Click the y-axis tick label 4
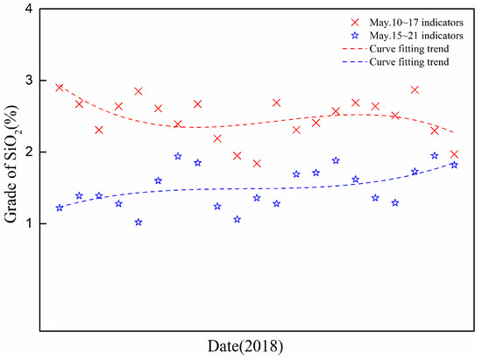(29, 9)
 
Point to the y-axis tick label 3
(29, 81)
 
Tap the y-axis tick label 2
(29, 152)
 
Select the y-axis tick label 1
(29, 223)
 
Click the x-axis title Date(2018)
(245, 347)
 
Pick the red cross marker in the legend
(355, 23)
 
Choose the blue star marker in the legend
(355, 36)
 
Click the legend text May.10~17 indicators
(416, 23)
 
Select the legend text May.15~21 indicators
(416, 36)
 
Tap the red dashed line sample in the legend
(355, 49)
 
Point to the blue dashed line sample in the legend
(355, 62)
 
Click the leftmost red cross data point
(60, 88)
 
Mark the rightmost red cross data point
(454, 154)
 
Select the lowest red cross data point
(257, 164)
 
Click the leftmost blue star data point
(60, 208)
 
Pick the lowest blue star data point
(138, 222)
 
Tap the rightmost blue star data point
(454, 165)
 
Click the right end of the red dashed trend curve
(453, 132)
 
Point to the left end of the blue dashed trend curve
(60, 208)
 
